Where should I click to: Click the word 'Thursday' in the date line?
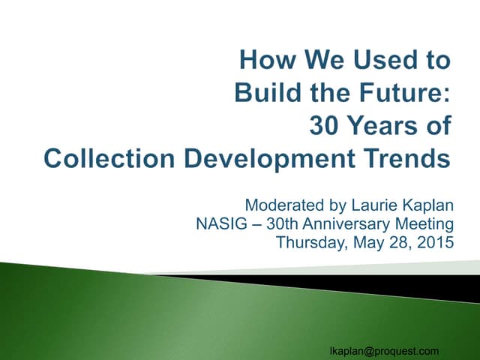307,243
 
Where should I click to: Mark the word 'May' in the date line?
361,243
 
